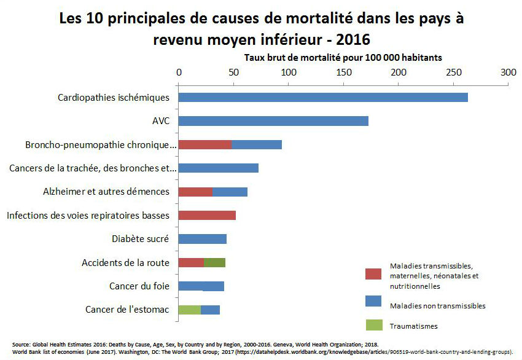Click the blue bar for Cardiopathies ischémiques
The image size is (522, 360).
click(323, 98)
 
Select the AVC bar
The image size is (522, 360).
click(273, 121)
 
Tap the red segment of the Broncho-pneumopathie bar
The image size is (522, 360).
click(205, 145)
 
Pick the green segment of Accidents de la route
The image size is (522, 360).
click(214, 263)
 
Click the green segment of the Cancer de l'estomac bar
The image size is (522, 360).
click(190, 310)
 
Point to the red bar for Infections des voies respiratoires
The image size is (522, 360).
click(207, 216)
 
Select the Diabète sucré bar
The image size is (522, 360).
click(202, 239)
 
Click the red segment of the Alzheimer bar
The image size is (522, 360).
click(195, 192)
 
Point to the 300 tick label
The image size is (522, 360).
click(508, 72)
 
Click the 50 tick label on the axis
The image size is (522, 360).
click(233, 72)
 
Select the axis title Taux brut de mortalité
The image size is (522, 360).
click(343, 57)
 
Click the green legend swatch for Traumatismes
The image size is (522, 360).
click(375, 324)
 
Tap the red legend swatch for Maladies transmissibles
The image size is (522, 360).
click(375, 273)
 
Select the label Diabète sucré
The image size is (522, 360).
click(140, 239)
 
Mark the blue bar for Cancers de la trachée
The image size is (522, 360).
click(218, 168)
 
